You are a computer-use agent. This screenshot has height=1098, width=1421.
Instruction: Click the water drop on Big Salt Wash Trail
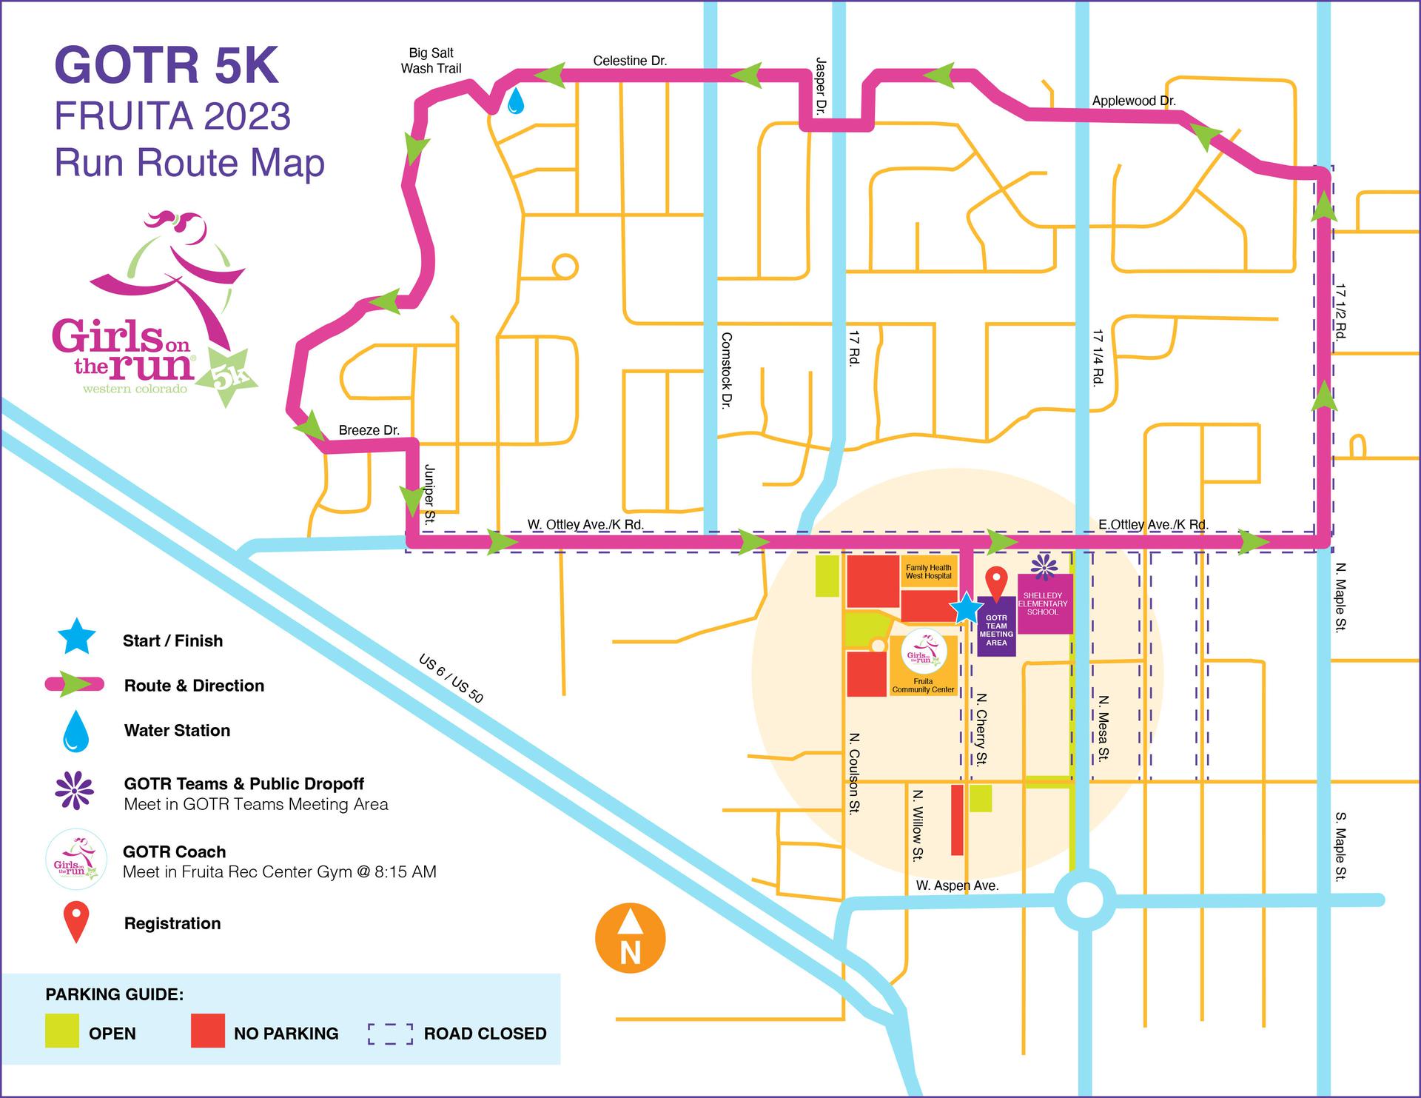click(515, 101)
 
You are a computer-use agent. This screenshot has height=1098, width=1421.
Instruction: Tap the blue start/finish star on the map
click(967, 608)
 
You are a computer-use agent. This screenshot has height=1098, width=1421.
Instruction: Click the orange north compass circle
click(630, 938)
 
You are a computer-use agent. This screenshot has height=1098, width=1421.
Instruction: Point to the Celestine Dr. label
click(630, 61)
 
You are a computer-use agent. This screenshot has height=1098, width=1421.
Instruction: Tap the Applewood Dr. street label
click(1133, 101)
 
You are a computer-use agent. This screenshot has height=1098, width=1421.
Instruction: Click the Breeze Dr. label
click(369, 430)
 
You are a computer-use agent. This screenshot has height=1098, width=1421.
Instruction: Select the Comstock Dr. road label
click(726, 370)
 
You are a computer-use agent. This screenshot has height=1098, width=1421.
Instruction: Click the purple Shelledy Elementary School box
click(1044, 603)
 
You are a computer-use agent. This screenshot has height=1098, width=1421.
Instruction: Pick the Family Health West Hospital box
click(928, 572)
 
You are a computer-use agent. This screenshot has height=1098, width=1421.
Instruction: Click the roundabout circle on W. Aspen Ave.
click(1084, 900)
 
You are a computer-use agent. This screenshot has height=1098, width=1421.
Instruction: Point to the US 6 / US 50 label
click(451, 678)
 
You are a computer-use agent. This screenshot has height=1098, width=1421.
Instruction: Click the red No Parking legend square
click(207, 1032)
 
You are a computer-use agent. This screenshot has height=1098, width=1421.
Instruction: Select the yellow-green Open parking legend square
click(61, 1032)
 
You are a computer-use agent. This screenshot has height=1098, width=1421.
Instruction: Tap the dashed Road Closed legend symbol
click(390, 1034)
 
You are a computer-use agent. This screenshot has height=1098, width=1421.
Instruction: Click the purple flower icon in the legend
click(75, 791)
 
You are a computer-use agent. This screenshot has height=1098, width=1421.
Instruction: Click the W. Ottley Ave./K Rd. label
click(585, 525)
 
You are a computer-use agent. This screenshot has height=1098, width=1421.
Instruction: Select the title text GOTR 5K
click(167, 65)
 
